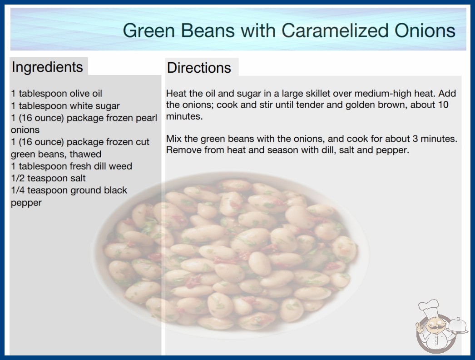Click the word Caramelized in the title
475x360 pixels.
point(335,30)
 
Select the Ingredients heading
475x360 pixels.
point(47,67)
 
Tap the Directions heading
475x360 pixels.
point(199,68)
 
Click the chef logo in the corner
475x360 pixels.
point(441,326)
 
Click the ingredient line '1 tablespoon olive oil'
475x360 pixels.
point(57,94)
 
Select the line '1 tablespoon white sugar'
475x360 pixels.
point(65,106)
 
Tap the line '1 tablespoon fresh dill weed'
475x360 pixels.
point(71,166)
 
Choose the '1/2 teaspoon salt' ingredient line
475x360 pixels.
point(49,178)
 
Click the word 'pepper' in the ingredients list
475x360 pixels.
point(26,203)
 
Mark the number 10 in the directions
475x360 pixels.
point(443,105)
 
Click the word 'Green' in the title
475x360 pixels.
point(149,30)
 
